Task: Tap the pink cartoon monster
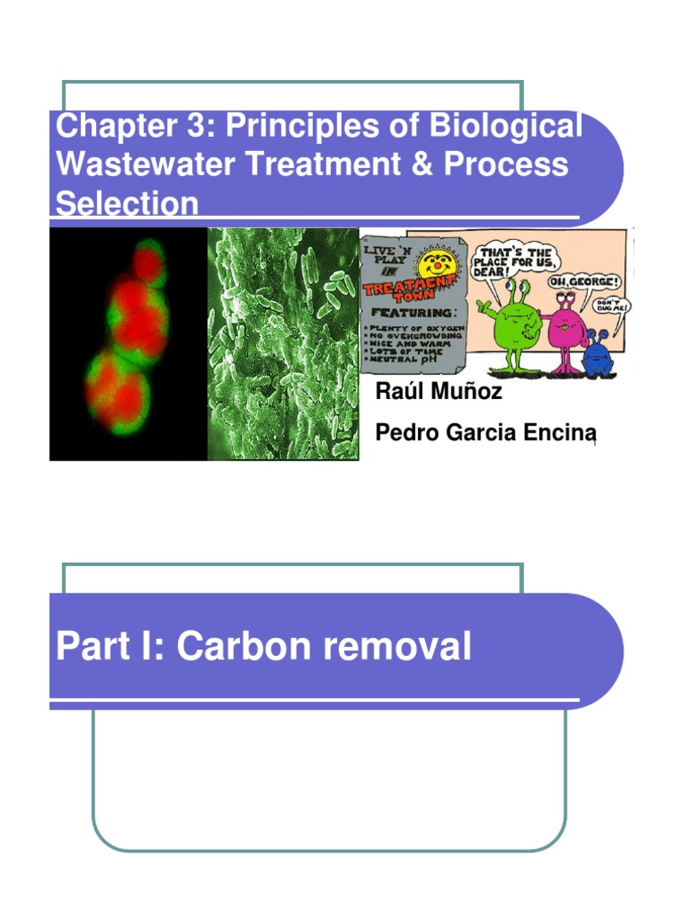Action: [x=562, y=326]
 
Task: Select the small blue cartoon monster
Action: [x=597, y=353]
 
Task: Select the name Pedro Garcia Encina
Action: [x=485, y=433]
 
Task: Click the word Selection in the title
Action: [x=127, y=204]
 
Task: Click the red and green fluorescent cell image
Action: [x=127, y=344]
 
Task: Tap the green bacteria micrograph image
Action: [x=283, y=344]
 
